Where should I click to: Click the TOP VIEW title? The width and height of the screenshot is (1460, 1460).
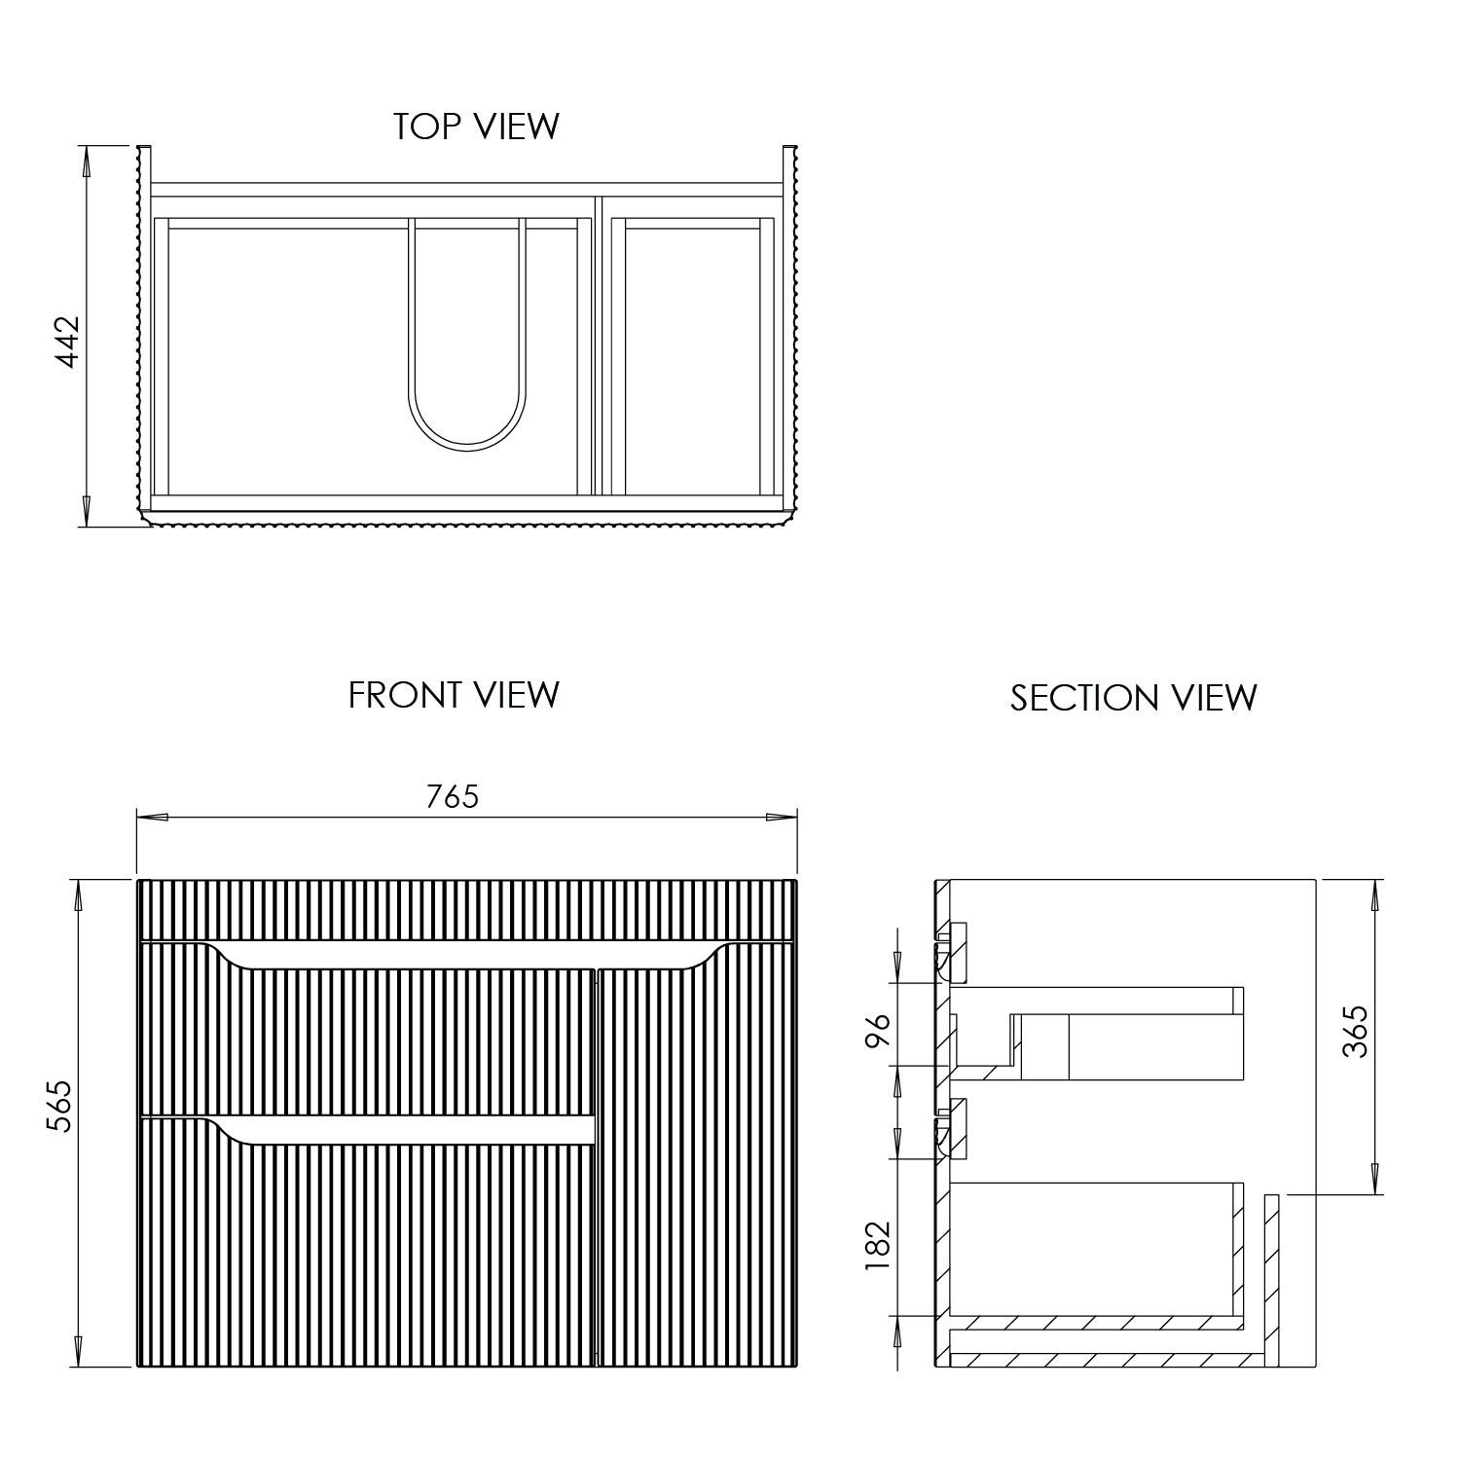(476, 127)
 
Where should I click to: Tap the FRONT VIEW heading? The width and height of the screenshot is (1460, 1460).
(454, 695)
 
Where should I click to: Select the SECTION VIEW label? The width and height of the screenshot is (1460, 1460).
(1133, 698)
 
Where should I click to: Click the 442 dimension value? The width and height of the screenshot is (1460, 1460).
(67, 342)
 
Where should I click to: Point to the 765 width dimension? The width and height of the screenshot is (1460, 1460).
(453, 796)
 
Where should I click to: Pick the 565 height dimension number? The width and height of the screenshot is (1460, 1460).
(61, 1106)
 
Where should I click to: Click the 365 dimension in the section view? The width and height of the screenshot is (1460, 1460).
(1355, 1031)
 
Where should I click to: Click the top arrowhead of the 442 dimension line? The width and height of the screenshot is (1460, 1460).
(88, 162)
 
